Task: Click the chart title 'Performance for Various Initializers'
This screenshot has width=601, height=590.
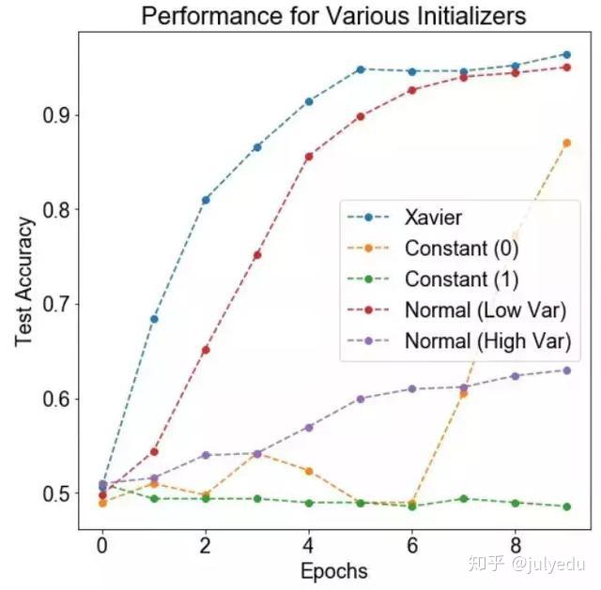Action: [332, 16]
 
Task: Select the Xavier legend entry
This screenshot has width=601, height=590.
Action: [433, 219]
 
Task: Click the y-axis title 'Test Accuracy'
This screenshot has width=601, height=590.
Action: [25, 281]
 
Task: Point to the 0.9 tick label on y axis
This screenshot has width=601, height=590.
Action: [58, 115]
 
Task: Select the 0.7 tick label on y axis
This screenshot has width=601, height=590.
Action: [58, 304]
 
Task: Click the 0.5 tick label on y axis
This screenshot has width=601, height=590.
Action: [58, 493]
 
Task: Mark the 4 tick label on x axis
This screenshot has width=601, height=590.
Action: [308, 544]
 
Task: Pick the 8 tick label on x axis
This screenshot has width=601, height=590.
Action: [515, 544]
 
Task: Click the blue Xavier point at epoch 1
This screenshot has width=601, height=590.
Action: [154, 319]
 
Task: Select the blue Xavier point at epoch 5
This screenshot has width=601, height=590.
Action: [361, 69]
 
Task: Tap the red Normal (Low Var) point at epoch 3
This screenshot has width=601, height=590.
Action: [257, 255]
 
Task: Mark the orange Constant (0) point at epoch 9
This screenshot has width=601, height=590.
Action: [566, 143]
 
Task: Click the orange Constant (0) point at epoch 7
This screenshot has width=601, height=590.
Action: [463, 394]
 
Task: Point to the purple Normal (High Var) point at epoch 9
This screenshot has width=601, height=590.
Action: [566, 371]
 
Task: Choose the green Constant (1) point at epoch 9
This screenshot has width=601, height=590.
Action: [566, 507]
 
